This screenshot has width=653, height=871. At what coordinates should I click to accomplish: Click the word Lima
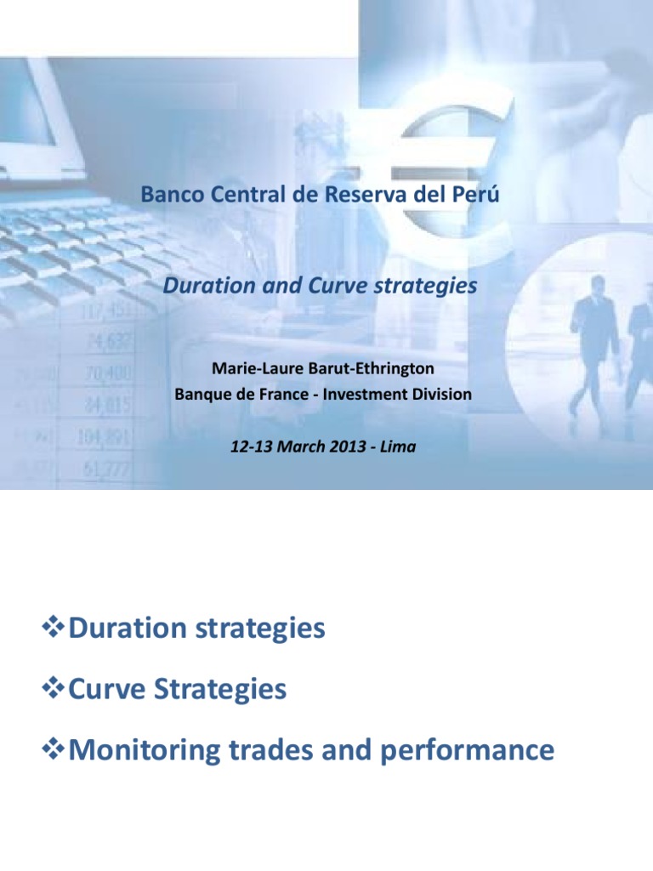tap(399, 447)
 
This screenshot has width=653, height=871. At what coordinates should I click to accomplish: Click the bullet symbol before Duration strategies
tap(54, 629)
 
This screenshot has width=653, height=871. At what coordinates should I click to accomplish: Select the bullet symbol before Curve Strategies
tap(54, 690)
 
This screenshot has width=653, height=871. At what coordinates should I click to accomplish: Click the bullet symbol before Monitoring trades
tap(54, 750)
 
